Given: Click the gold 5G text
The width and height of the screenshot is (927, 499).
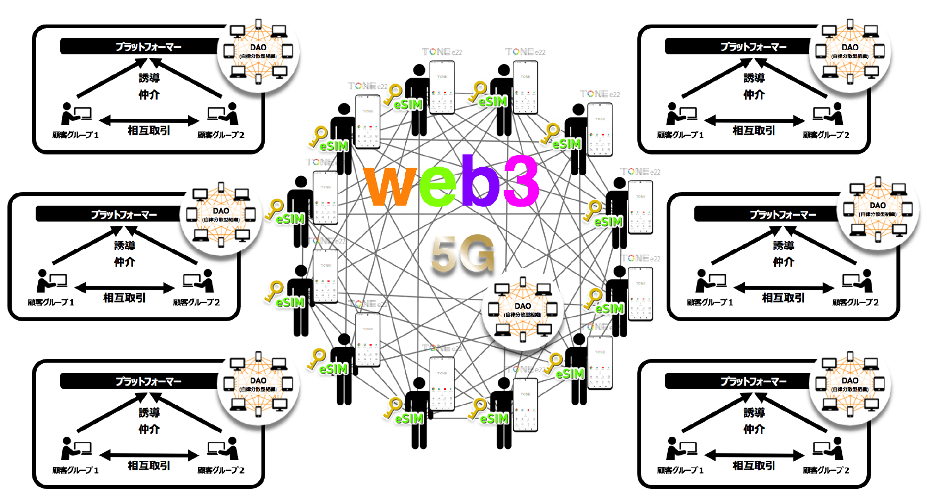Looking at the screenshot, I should (462, 255).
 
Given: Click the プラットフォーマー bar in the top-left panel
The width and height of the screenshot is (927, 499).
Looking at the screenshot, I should (141, 47).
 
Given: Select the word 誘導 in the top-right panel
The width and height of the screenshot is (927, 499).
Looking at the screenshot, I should (753, 78).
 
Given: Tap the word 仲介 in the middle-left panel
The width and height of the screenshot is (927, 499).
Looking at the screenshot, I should (124, 261).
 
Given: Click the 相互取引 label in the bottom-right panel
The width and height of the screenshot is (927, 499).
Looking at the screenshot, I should (753, 465).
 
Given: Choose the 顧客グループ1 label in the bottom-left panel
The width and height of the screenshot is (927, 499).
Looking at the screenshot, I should (75, 470).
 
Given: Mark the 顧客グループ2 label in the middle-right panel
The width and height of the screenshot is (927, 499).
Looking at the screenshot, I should (855, 302).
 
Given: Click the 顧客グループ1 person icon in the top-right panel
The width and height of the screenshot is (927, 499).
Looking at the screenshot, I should (675, 114).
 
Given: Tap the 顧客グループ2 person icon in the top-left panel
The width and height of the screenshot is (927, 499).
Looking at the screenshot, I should (231, 113).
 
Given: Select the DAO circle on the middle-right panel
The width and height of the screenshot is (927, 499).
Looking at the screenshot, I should (878, 209).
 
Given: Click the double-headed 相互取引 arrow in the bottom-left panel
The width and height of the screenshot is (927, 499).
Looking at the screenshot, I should (149, 455).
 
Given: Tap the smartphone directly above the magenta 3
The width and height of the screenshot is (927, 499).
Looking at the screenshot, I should (525, 88).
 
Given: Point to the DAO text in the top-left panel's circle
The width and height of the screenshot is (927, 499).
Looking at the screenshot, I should (258, 47).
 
